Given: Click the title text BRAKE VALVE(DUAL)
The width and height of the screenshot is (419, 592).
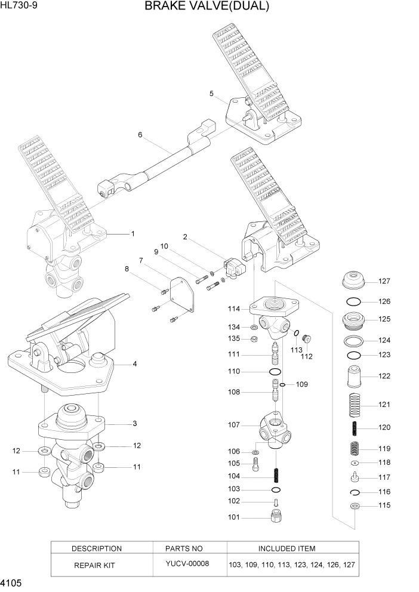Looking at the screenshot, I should coord(207,7).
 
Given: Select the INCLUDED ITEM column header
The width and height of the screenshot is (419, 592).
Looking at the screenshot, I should coord(286,548).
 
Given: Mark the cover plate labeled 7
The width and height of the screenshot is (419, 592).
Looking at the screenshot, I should coord(180,293).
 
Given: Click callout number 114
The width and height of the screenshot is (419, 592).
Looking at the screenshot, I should coord(233,309).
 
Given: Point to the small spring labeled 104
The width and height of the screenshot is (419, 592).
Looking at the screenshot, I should coord(276,476).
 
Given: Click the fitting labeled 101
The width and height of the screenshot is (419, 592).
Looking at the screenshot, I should coord(276,517).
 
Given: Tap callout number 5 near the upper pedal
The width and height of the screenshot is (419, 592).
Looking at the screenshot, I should coord(211,93).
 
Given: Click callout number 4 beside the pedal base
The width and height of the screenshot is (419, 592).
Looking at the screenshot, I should coord(135,363).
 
